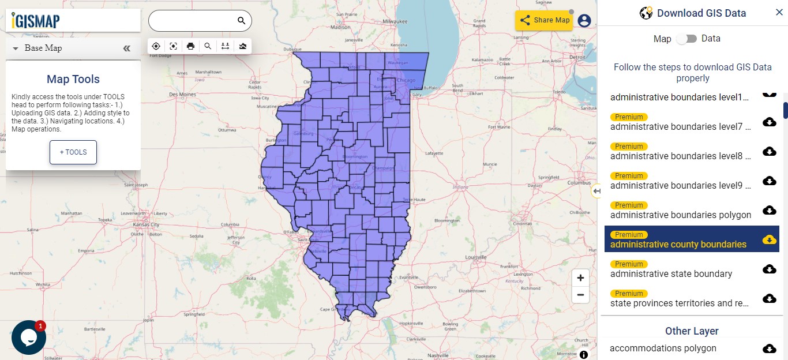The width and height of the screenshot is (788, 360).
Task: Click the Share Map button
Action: point(544,20)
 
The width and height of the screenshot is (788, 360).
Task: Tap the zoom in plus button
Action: point(580,277)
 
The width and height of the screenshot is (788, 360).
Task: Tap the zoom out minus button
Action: point(580,295)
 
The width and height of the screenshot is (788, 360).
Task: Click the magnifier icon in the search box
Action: point(241,21)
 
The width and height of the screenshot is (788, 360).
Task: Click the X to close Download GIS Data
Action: point(779,13)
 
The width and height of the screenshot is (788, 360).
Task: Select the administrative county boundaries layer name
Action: point(678,244)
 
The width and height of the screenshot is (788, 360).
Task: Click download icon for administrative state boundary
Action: point(769,269)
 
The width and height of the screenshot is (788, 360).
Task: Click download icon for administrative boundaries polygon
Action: point(769,210)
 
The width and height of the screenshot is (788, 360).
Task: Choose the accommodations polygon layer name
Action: point(663,348)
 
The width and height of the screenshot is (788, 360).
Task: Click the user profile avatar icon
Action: point(584,21)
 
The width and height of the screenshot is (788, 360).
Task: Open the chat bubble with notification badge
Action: point(28,337)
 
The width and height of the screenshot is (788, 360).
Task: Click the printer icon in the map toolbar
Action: point(191,46)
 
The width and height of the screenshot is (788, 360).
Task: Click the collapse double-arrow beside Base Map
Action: point(127,48)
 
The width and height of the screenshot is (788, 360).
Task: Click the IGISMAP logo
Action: point(36,21)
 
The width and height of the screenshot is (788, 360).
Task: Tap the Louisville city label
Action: point(475,257)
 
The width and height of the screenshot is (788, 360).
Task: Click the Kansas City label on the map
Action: point(146,225)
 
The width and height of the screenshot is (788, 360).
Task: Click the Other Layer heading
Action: point(692,331)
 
